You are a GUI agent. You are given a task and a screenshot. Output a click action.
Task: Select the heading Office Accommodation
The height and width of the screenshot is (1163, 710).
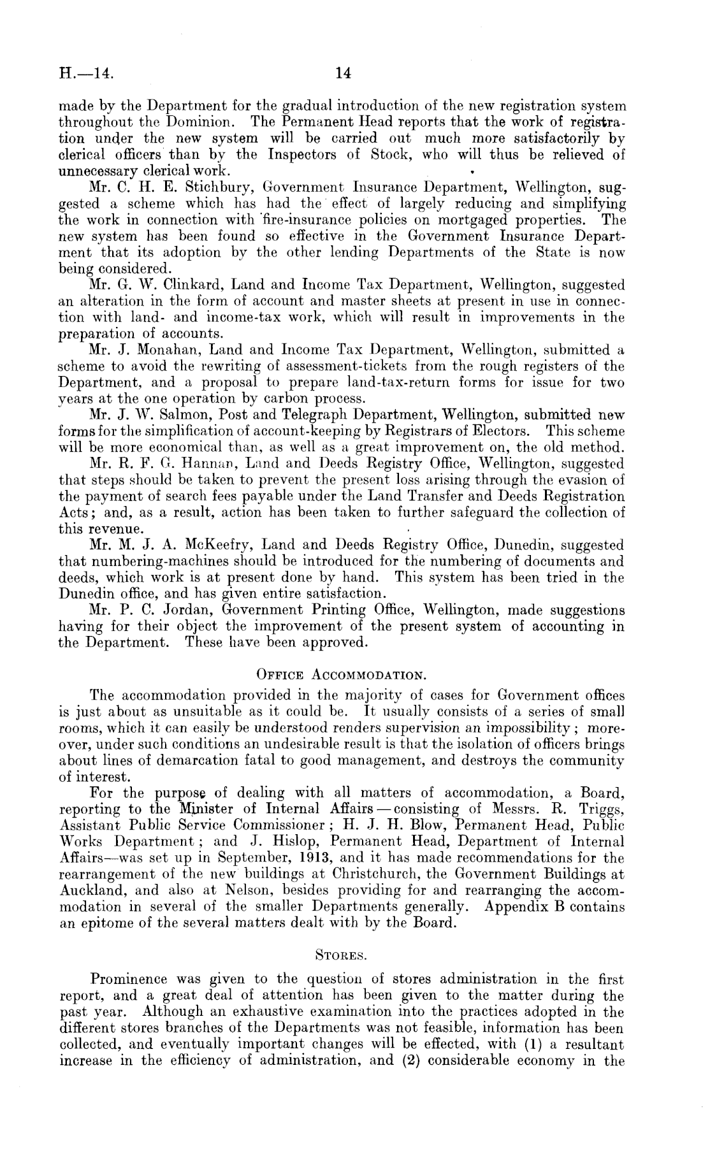(x=341, y=675)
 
